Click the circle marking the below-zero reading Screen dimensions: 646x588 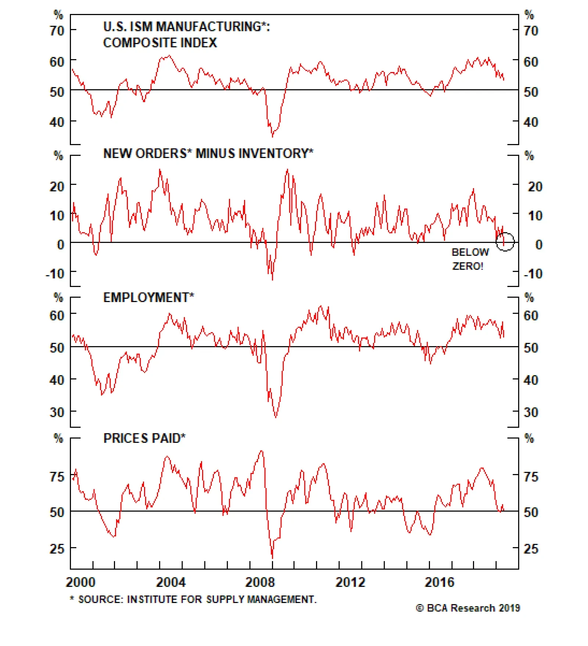click(x=505, y=242)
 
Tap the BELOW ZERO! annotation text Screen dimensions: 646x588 click(x=470, y=259)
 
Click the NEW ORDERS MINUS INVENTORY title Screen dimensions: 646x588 click(x=208, y=153)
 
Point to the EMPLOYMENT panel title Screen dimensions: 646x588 click(x=148, y=297)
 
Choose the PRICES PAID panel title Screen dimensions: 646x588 click(x=144, y=438)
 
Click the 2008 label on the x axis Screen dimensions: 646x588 click(x=260, y=582)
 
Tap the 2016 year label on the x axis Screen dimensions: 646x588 click(x=440, y=582)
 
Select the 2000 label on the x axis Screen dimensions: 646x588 click(x=80, y=582)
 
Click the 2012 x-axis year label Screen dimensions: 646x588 click(x=350, y=582)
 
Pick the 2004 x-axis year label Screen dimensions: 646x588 click(x=171, y=582)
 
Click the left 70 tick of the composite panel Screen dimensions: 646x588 click(x=57, y=30)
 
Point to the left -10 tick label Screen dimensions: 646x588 click(x=55, y=274)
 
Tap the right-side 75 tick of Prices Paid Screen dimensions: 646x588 click(x=531, y=477)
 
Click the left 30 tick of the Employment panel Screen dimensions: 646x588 click(x=57, y=412)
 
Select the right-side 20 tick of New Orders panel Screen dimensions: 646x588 click(x=535, y=187)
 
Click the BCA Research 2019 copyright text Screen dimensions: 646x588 click(x=468, y=608)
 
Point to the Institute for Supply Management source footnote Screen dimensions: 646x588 click(x=193, y=600)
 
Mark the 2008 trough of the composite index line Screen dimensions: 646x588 click(x=272, y=136)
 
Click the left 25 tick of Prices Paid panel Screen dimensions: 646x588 click(x=57, y=549)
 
